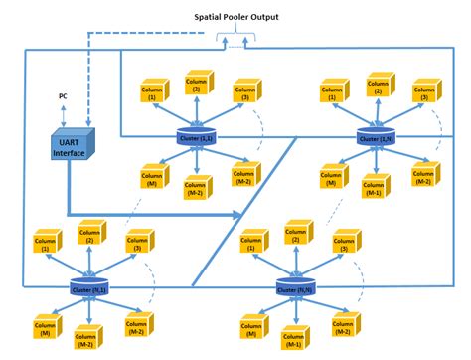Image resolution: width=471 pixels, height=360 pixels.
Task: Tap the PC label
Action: click(x=63, y=96)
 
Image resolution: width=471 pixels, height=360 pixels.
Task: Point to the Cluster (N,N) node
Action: click(x=292, y=288)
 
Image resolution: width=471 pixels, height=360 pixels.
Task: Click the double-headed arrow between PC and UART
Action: click(x=64, y=113)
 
